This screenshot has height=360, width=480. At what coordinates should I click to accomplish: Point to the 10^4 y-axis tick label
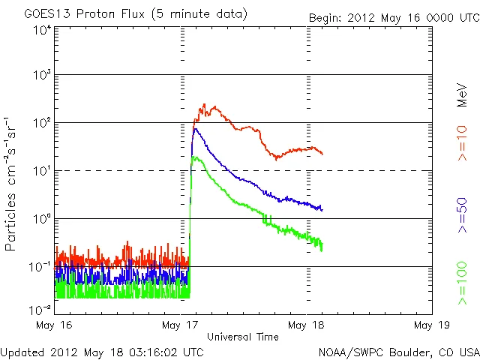[41, 29]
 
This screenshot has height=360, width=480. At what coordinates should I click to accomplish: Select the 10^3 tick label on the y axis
[41, 76]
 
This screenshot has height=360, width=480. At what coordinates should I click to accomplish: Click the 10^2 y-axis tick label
[41, 123]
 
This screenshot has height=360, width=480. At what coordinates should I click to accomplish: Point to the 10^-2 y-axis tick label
[41, 309]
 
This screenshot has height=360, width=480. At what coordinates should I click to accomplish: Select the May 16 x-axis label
[54, 325]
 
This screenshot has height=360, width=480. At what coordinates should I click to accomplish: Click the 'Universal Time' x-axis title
[242, 337]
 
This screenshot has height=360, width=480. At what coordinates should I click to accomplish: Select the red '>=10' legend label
[463, 143]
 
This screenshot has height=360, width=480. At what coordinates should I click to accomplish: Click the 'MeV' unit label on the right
[463, 94]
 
